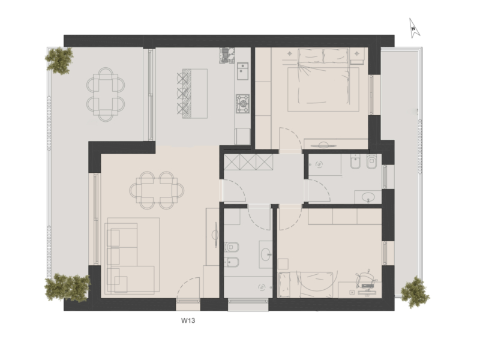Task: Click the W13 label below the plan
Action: pyautogui.click(x=188, y=320)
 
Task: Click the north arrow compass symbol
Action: pyautogui.click(x=414, y=28)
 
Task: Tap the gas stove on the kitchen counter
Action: pyautogui.click(x=243, y=103)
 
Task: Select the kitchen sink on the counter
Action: pyautogui.click(x=242, y=71)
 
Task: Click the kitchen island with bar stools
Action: pyautogui.click(x=193, y=94)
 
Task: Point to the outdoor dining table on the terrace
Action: pyautogui.click(x=106, y=94)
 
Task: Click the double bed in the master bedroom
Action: pyautogui.click(x=323, y=80)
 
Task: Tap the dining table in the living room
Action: pyautogui.click(x=157, y=190)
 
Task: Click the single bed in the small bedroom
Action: pyautogui.click(x=305, y=284)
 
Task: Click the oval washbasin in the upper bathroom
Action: pyautogui.click(x=368, y=197)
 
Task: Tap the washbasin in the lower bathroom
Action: pyautogui.click(x=265, y=254)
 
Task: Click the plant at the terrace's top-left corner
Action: pyautogui.click(x=59, y=61)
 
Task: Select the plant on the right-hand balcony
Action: pyautogui.click(x=415, y=292)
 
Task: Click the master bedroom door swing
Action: pyautogui.click(x=291, y=140)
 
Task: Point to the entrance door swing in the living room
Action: pyautogui.click(x=188, y=289)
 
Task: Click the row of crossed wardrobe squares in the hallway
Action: pyautogui.click(x=248, y=162)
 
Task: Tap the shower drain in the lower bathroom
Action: pyautogui.click(x=262, y=287)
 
